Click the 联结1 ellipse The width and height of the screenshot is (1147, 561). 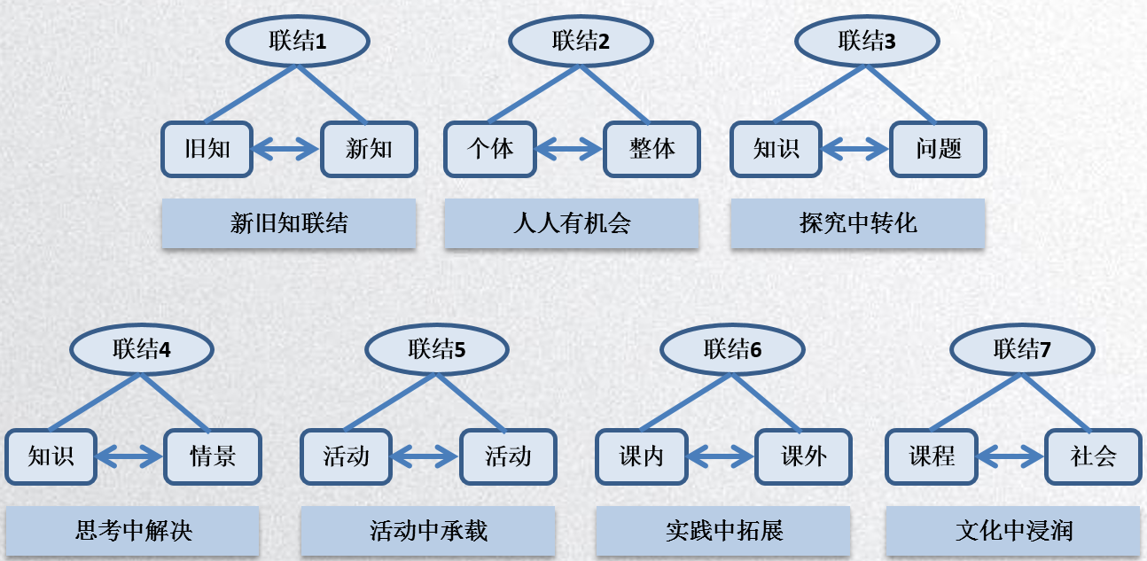297,41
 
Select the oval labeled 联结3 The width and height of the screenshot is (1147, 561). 866,41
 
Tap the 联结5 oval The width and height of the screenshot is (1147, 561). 437,348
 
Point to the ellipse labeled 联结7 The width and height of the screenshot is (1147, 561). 1022,348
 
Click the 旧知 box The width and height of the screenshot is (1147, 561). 207,149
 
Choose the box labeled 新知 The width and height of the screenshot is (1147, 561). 369,149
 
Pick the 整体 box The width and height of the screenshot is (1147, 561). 652,149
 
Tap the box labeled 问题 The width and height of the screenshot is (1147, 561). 938,149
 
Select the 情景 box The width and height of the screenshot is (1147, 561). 213,456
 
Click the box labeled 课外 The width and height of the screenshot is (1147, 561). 803,456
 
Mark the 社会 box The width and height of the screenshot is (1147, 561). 1092,456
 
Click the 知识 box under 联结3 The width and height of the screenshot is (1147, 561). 776,149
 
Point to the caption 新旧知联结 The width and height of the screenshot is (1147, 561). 289,223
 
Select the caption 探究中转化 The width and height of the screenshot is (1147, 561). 857,223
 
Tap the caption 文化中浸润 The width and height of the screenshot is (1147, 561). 1013,531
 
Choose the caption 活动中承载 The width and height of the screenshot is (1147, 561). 428,531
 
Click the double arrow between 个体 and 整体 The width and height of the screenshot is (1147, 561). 571,149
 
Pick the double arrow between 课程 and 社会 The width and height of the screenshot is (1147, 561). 1011,456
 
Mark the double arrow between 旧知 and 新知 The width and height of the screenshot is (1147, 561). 286,149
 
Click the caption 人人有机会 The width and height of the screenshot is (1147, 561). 571,223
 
